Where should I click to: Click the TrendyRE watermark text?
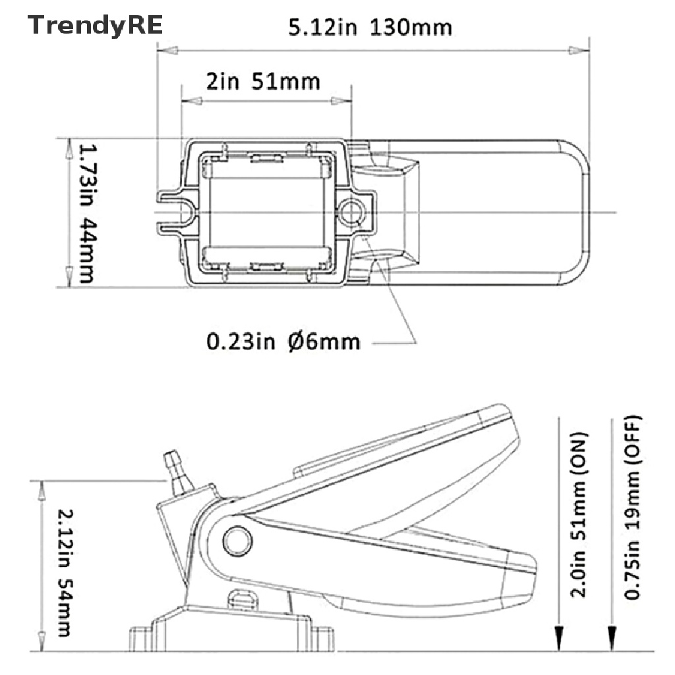click(x=95, y=26)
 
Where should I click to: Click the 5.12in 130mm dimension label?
click(x=370, y=27)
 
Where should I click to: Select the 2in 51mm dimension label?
click(x=263, y=81)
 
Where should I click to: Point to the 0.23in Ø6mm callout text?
click(x=283, y=341)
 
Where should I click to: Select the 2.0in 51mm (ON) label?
click(x=579, y=515)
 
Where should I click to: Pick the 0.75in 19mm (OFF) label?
click(x=631, y=508)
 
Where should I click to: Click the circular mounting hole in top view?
click(x=351, y=212)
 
